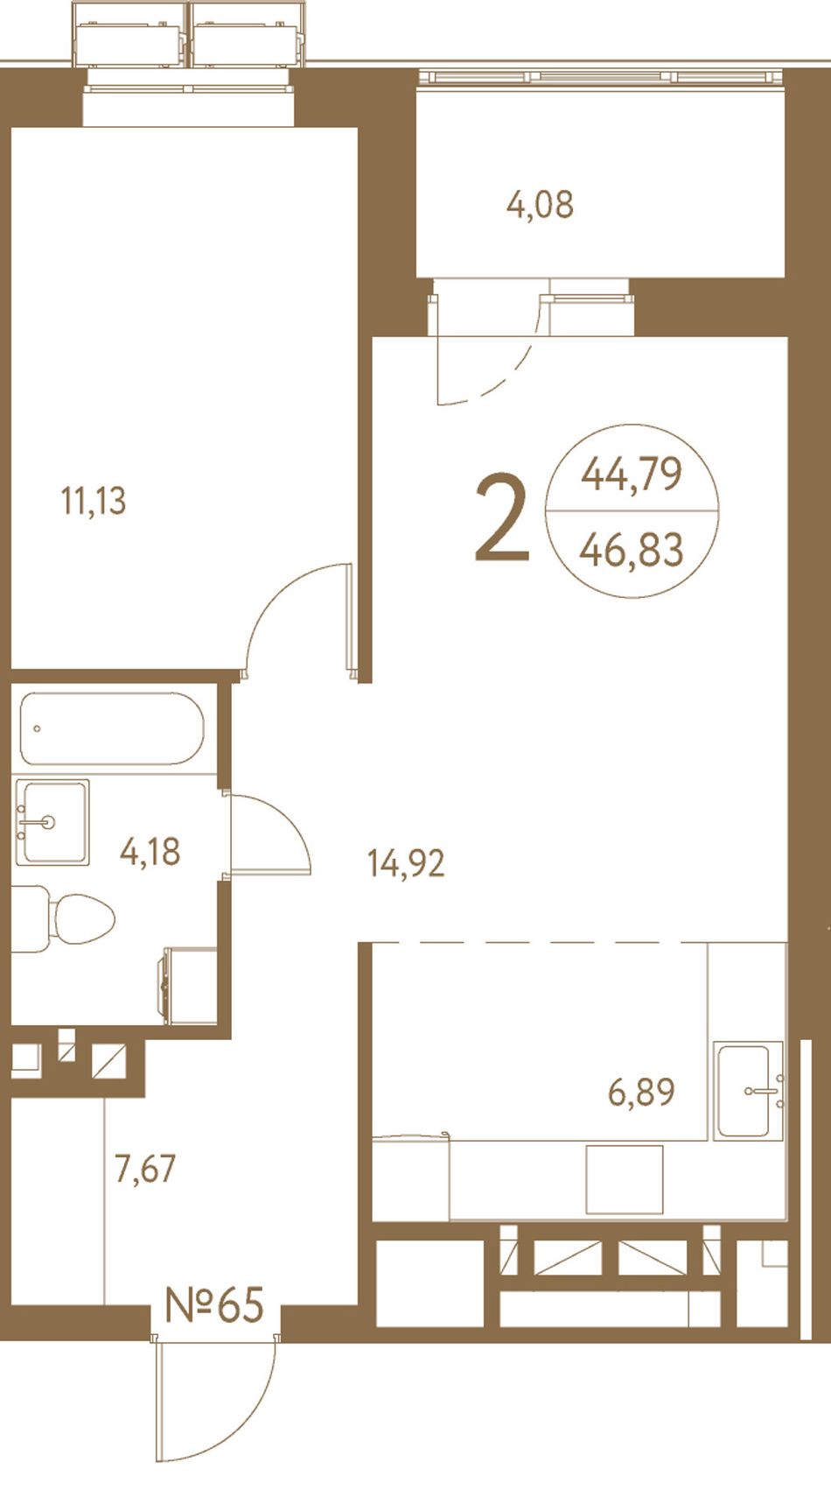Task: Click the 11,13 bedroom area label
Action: point(93,502)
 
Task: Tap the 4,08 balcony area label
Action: point(540,205)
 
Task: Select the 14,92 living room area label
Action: point(406,863)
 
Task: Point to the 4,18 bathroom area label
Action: point(150,852)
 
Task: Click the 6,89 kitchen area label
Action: point(641,1092)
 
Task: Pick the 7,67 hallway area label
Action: point(145,1169)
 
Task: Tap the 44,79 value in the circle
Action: point(632,474)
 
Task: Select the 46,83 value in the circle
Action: point(632,550)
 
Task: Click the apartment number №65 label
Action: point(214,1305)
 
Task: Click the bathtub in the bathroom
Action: point(112,728)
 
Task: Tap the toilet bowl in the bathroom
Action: point(63,918)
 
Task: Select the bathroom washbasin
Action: point(52,823)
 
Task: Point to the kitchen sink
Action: point(749,1091)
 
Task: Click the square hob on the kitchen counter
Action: point(625,1179)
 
